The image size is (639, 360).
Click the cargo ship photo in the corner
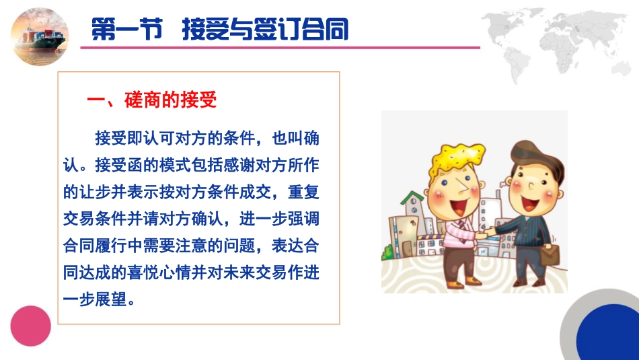tap(40, 35)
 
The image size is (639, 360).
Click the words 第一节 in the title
tap(127, 30)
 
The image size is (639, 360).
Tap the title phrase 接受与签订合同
tap(265, 30)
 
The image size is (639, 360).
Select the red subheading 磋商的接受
tap(170, 101)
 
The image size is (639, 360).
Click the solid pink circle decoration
tap(30, 326)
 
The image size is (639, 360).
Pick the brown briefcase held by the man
tap(550, 254)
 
